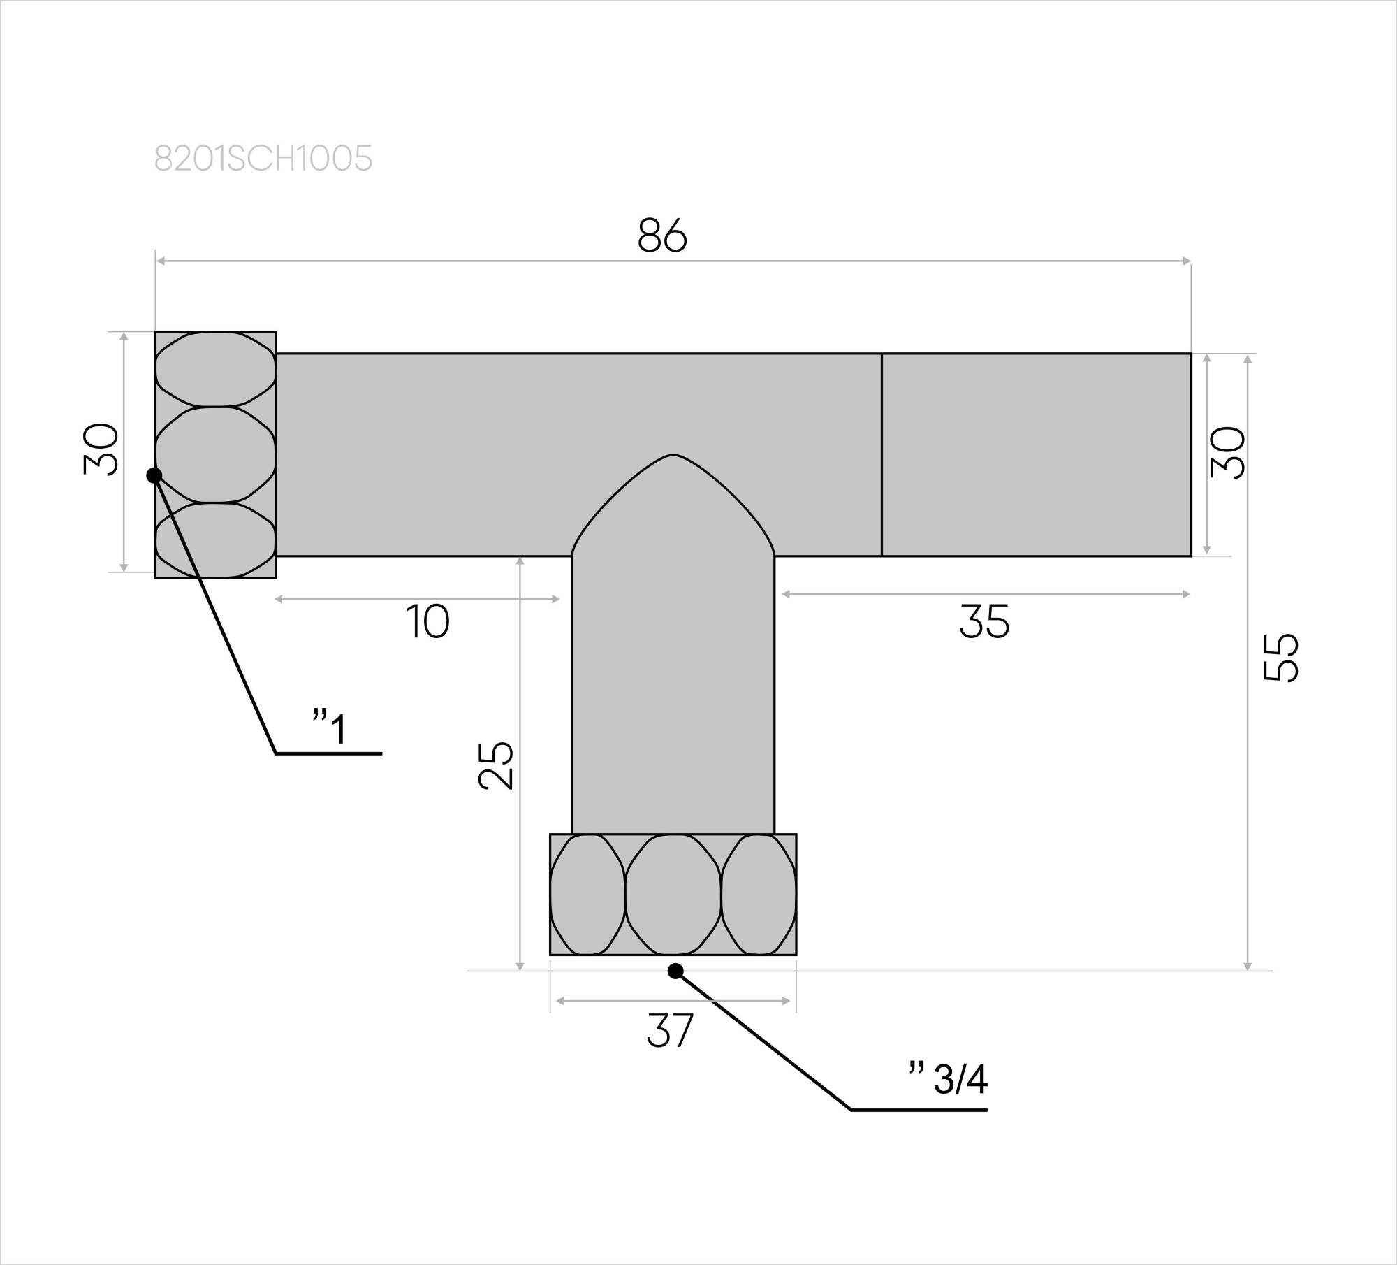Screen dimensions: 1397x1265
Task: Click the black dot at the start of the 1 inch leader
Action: point(154,475)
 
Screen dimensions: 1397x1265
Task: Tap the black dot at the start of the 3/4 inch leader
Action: point(675,971)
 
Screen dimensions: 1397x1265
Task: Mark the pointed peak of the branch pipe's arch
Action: point(673,455)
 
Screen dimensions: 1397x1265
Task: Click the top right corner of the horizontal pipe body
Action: point(1191,354)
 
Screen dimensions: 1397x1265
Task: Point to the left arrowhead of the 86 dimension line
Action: point(160,261)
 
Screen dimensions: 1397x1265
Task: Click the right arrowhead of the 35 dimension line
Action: point(1186,594)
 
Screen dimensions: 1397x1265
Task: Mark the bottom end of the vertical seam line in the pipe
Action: point(882,556)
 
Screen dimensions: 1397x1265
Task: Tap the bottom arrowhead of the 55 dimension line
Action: point(1248,966)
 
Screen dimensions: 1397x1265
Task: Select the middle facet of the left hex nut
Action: point(215,454)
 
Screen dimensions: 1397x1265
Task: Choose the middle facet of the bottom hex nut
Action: point(673,895)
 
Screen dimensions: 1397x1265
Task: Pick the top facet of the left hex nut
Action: point(215,369)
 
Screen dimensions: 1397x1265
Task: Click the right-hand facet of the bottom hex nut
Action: point(759,895)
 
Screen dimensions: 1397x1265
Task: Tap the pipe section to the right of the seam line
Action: point(1037,455)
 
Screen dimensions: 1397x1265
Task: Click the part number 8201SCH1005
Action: point(263,159)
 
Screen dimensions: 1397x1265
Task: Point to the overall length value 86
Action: point(662,236)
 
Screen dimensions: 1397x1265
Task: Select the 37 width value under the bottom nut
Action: point(670,1030)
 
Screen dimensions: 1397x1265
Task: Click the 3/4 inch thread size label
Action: point(948,1079)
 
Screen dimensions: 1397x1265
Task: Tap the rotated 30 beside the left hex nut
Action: point(101,449)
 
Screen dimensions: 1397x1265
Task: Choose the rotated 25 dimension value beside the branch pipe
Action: point(496,765)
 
